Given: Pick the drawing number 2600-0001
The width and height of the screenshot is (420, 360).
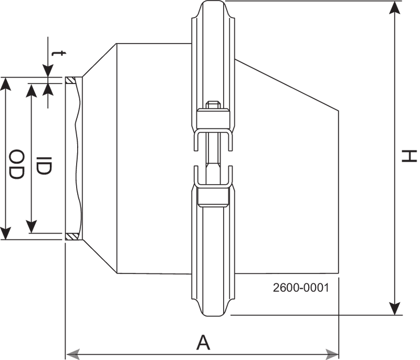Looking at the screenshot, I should tap(301, 288).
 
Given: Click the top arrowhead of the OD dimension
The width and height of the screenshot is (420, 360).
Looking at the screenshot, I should tap(5, 83).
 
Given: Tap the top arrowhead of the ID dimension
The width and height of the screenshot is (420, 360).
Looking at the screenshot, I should tap(32, 89).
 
